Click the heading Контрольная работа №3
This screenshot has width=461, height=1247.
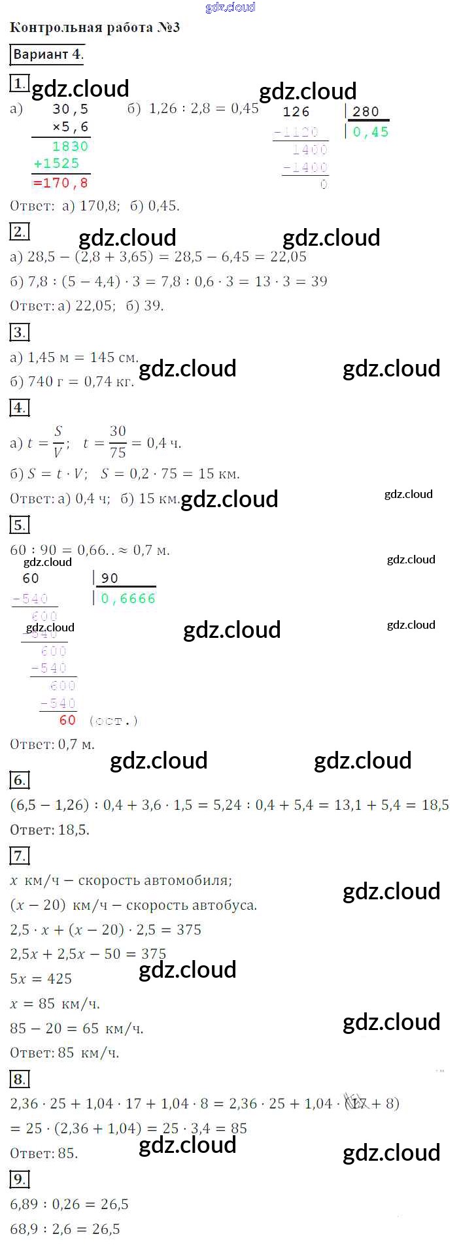(95, 28)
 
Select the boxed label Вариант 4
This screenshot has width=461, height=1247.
(47, 55)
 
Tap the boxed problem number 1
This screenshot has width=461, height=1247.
(20, 83)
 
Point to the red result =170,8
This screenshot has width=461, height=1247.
(60, 183)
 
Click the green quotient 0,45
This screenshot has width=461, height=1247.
(371, 132)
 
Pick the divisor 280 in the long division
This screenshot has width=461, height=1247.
(366, 112)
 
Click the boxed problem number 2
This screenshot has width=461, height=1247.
(20, 231)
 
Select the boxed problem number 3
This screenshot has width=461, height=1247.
(20, 333)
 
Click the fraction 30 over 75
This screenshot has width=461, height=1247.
(118, 442)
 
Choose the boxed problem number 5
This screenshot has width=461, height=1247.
(20, 525)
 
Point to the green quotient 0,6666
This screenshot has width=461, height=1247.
(128, 599)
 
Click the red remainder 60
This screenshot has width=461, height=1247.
(67, 720)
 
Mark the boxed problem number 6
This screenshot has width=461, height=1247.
(20, 780)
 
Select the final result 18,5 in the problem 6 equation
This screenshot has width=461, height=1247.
(435, 805)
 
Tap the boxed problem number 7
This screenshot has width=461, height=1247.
(20, 856)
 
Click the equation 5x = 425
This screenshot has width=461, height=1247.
(41, 979)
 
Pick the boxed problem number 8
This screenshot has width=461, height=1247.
(20, 1080)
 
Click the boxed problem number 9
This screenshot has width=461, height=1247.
(20, 1180)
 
